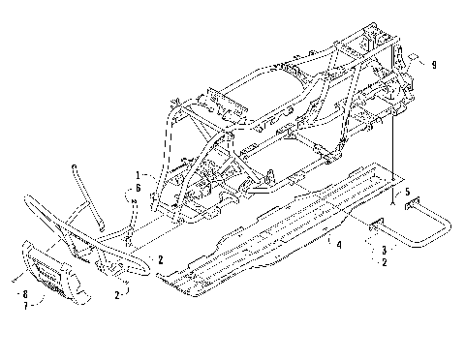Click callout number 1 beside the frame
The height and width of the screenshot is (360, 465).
point(138,177)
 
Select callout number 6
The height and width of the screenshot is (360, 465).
point(138,188)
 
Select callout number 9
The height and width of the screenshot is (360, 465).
point(435,65)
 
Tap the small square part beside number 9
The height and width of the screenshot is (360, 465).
point(413,58)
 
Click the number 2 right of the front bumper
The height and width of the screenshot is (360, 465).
point(161,259)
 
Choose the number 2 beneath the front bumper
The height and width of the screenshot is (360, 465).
point(118,294)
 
